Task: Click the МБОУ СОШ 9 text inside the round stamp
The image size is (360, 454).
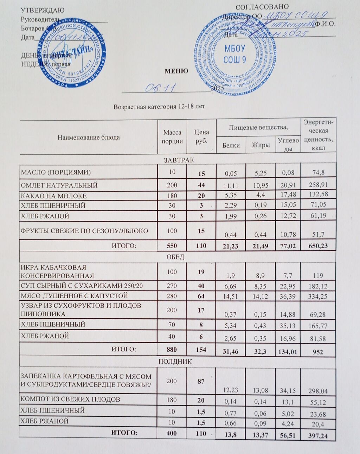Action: (234, 54)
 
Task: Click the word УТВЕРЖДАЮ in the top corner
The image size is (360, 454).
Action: (43, 10)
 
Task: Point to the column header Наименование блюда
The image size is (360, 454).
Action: (89, 137)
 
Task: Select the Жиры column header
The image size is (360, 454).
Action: (261, 145)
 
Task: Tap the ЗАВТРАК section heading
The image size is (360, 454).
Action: (179, 160)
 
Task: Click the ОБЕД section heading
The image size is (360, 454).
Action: (175, 257)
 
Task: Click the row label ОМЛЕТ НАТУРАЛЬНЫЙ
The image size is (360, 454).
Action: (59, 185)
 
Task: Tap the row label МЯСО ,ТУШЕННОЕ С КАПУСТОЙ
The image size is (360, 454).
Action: (74, 296)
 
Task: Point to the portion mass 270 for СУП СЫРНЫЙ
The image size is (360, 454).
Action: (172, 286)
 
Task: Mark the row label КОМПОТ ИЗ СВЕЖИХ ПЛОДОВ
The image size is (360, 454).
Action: (70, 399)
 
